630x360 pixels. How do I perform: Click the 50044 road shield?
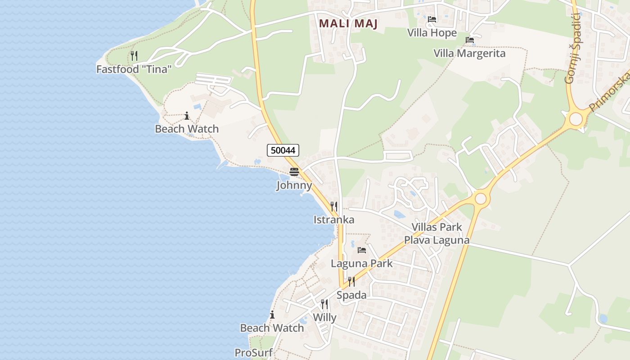click(283, 150)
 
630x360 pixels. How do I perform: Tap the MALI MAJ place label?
click(348, 23)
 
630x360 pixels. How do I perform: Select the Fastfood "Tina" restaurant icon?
click(134, 56)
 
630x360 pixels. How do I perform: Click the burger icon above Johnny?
click(294, 171)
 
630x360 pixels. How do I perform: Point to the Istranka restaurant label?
click(334, 220)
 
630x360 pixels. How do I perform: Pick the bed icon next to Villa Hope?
click(432, 19)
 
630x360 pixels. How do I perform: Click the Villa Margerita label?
click(469, 53)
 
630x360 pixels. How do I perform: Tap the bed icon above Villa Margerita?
click(470, 40)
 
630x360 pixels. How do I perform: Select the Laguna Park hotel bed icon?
click(361, 250)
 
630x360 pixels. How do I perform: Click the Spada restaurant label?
click(351, 295)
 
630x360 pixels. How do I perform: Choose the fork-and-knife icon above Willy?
click(324, 304)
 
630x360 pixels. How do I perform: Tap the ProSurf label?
click(253, 352)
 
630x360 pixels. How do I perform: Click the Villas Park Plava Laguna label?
click(436, 234)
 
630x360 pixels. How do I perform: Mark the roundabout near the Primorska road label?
click(576, 119)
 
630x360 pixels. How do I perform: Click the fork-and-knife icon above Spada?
click(351, 282)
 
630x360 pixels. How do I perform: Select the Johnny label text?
click(294, 185)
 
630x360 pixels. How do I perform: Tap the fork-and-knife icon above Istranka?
click(334, 207)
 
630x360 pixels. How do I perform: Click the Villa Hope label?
click(432, 33)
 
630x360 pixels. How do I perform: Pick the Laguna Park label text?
click(362, 263)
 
